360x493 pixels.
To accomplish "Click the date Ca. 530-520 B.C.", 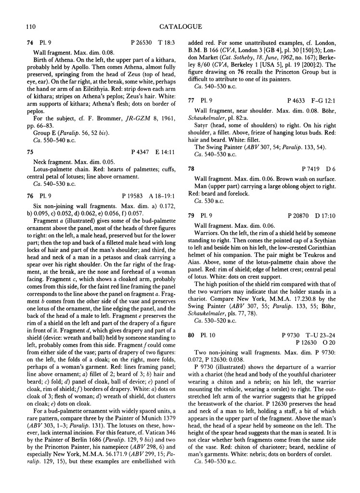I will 217,318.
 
